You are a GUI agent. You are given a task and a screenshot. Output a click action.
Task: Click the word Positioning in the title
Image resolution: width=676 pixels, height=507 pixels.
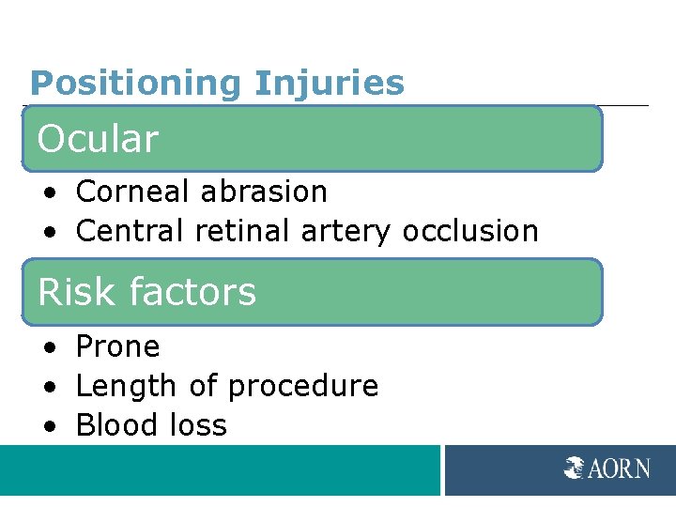(x=137, y=84)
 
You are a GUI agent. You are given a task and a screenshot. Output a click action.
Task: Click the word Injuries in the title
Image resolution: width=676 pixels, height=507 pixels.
(x=330, y=84)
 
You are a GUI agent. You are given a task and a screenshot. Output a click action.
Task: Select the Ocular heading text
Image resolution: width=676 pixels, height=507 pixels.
(x=98, y=139)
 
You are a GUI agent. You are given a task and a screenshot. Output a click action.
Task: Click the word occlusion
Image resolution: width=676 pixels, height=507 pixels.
(x=470, y=230)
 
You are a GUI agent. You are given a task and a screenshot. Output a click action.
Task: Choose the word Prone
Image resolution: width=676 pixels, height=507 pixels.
(x=117, y=347)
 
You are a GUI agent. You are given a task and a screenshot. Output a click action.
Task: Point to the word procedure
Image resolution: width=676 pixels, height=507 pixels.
(x=303, y=387)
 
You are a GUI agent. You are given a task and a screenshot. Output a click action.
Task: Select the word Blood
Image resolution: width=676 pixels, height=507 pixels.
(x=113, y=425)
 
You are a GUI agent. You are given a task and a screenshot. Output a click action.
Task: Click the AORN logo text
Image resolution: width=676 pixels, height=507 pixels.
(x=619, y=469)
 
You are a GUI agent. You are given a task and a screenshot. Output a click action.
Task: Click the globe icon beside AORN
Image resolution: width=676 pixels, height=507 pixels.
(x=575, y=468)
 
